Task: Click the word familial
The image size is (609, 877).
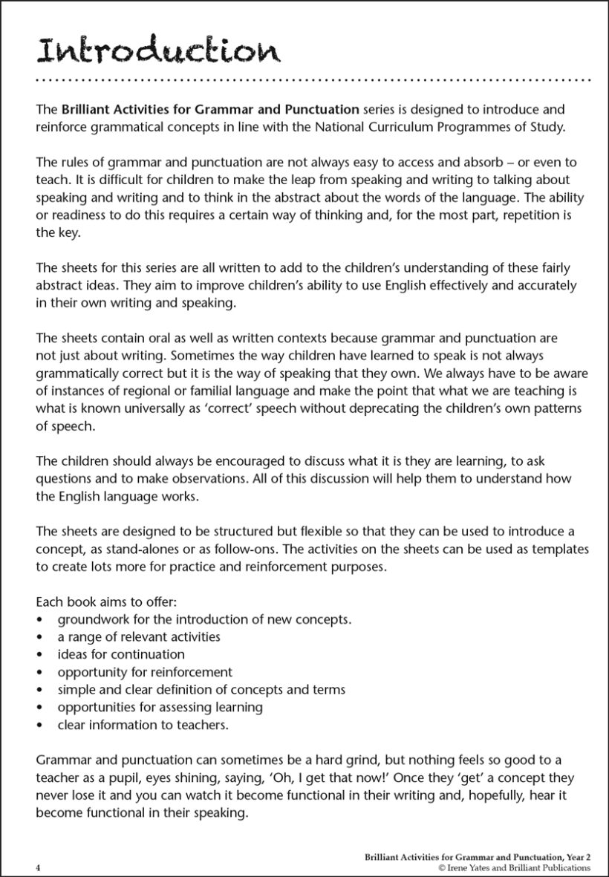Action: [x=203, y=391]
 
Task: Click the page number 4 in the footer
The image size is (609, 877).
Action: [x=38, y=867]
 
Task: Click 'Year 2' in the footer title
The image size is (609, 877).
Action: [x=576, y=856]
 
